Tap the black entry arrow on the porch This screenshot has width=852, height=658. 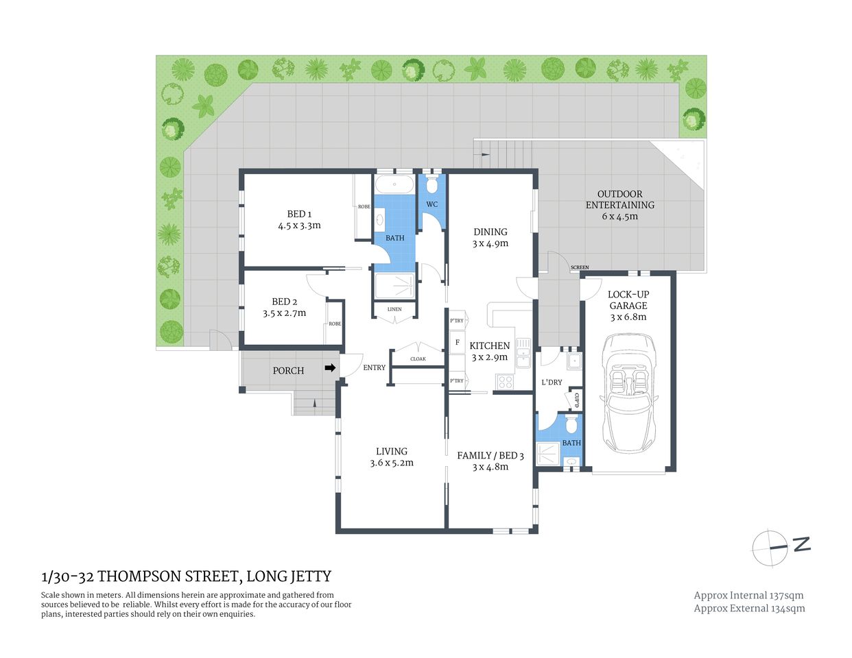tap(330, 368)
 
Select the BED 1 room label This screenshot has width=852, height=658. tap(299, 214)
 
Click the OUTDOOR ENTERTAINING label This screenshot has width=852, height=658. tap(619, 199)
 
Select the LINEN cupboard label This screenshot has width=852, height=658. tap(394, 309)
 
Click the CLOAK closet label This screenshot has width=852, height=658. tap(418, 358)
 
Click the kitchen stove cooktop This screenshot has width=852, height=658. tap(505, 382)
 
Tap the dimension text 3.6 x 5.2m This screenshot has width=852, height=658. tap(392, 463)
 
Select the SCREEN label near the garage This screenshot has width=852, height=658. tap(580, 267)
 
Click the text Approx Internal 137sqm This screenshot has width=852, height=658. tap(748, 596)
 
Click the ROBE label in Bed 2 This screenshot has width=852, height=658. tap(335, 324)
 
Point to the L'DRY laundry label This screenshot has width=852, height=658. tap(552, 382)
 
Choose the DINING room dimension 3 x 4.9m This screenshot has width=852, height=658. tap(490, 243)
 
